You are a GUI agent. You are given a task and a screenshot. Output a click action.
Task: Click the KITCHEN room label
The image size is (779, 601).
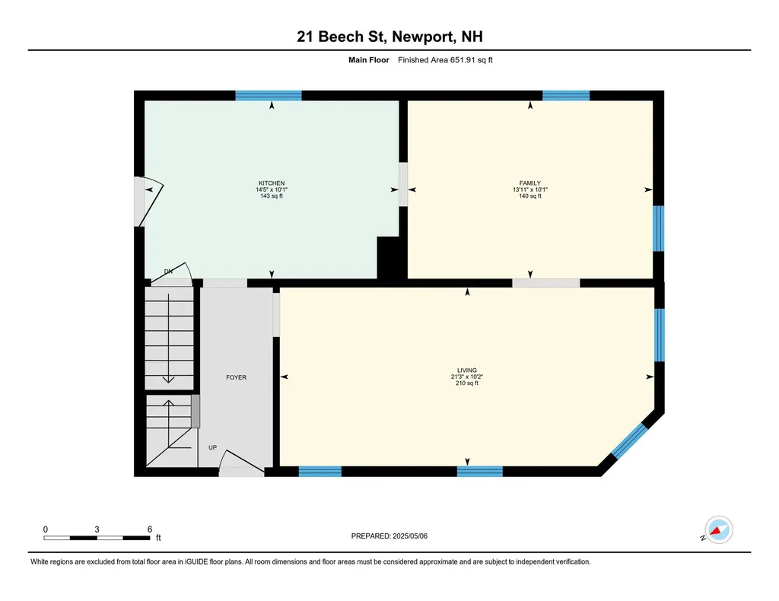click(272, 183)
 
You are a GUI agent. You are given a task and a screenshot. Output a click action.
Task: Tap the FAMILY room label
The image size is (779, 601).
click(530, 183)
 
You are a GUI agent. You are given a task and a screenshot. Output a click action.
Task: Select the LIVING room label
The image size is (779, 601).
click(467, 370)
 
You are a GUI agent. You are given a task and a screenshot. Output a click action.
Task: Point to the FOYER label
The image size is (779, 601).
click(236, 377)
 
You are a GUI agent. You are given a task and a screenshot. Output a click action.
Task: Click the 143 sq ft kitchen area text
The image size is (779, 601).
click(272, 196)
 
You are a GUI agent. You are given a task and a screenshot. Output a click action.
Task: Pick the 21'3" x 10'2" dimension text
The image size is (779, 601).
click(467, 377)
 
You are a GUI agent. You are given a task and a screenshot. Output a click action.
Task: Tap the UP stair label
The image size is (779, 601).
click(213, 447)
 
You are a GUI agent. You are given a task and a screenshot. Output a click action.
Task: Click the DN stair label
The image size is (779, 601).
click(168, 272)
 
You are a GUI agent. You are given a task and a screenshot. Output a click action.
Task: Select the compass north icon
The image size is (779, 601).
click(718, 530)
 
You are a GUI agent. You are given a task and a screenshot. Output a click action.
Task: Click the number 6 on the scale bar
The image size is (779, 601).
click(150, 529)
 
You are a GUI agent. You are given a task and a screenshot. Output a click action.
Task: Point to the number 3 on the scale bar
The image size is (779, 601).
click(97, 529)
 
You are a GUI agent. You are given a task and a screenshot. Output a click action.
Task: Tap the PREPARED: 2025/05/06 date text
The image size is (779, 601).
click(389, 536)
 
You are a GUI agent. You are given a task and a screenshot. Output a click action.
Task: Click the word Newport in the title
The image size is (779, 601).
click(422, 37)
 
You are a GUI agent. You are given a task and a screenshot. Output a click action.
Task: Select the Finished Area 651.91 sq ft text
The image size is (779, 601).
click(445, 60)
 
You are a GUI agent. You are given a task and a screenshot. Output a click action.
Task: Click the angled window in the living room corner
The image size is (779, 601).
click(629, 440)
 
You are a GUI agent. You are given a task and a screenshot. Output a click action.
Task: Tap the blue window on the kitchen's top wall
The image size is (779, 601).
click(269, 96)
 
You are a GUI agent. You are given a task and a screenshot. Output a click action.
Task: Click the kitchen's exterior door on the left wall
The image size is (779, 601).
click(148, 202)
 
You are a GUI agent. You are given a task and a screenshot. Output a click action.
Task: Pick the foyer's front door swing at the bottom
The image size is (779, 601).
click(242, 463)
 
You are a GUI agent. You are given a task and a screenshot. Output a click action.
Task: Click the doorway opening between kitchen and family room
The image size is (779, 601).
click(403, 184)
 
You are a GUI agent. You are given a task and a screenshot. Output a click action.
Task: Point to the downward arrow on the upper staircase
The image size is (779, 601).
click(168, 339)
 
